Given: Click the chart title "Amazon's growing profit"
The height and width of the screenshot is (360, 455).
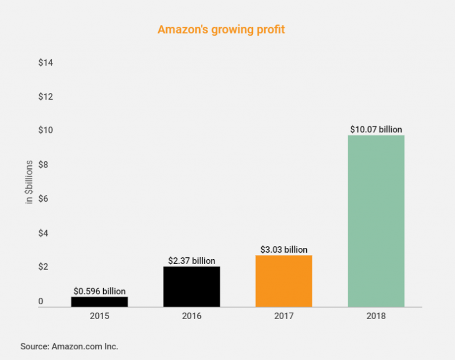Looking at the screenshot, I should click(x=221, y=29).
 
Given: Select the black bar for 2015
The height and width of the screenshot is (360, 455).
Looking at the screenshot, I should click(x=100, y=301).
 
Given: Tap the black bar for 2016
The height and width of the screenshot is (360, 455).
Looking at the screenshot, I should click(x=191, y=286).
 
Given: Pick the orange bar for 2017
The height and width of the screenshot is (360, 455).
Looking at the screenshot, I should click(x=284, y=281).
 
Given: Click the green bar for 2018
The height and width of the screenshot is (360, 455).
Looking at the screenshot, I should click(x=376, y=221).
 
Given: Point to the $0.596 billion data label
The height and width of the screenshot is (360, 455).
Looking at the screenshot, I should click(x=100, y=291).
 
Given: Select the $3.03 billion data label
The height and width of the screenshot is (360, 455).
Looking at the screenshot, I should click(x=284, y=250).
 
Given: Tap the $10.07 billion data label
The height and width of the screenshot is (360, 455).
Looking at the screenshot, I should click(x=376, y=129).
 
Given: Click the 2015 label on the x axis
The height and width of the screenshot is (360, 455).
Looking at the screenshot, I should click(x=100, y=316).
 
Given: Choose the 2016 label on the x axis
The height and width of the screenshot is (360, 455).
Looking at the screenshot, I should click(x=191, y=316).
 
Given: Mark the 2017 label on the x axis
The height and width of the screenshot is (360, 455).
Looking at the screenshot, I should click(x=284, y=316).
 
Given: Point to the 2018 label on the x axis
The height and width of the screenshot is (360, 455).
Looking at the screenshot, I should click(x=376, y=316).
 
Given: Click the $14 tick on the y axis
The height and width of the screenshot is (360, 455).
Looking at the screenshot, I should click(x=46, y=62).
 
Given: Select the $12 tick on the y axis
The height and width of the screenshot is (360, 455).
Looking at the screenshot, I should click(x=46, y=96).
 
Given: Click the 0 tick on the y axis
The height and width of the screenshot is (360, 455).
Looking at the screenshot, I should click(x=41, y=302).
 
